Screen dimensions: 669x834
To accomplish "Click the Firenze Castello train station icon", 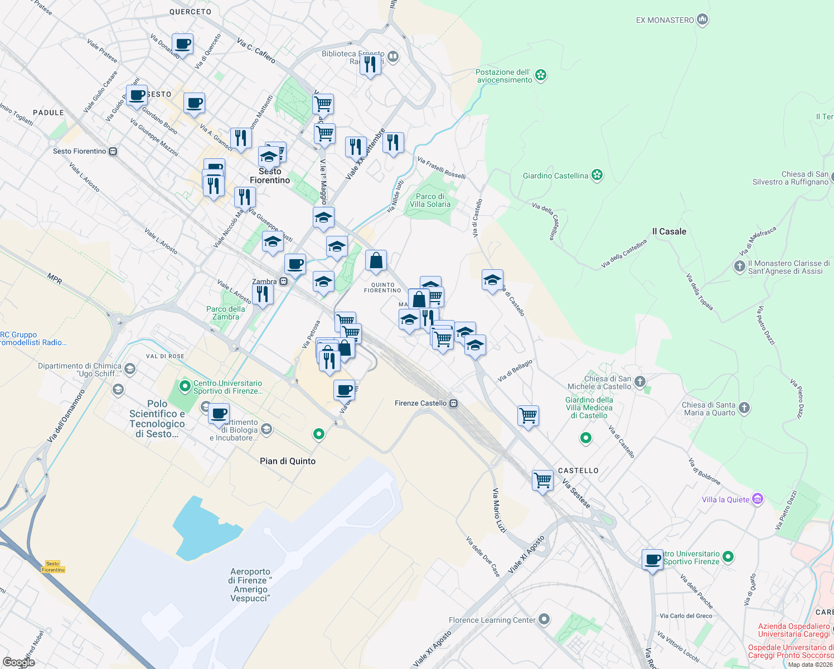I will (454, 403).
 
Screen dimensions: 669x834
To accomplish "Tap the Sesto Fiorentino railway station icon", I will (113, 151).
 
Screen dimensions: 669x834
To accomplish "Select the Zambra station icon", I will (284, 282).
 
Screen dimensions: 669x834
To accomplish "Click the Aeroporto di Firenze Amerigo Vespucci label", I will (250, 585).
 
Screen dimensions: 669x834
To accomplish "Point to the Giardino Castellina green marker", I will (597, 176).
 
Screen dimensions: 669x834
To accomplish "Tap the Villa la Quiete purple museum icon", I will (758, 499).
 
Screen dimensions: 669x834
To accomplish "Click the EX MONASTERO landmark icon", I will (702, 20).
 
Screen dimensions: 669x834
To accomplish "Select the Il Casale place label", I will (669, 231).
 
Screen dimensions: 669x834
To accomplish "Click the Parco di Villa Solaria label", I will (430, 200).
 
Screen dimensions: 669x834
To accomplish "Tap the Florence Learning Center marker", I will (545, 619).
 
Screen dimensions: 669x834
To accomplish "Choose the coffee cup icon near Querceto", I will (182, 44).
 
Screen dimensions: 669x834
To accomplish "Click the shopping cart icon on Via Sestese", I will (542, 480).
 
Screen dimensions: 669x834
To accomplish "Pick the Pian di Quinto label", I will (288, 461).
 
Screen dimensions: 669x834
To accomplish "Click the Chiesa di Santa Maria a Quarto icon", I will (744, 409).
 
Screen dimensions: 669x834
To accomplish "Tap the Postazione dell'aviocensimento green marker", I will (540, 75).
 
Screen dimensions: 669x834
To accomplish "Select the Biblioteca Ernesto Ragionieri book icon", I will (393, 56).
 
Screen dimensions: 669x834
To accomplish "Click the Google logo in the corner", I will (18, 662).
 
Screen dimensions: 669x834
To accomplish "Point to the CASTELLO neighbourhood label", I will (578, 471).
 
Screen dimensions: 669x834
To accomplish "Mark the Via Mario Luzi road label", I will (499, 510).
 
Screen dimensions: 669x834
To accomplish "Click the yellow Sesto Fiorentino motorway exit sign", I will (53, 567).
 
